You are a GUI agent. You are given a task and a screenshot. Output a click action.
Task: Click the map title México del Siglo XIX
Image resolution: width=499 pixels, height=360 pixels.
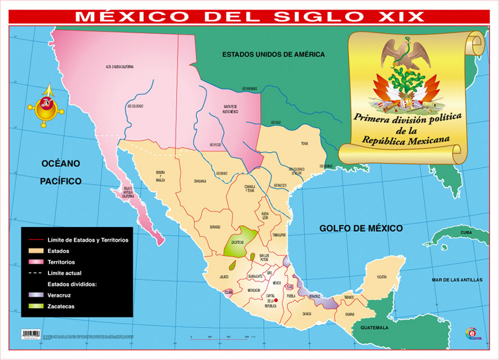249,16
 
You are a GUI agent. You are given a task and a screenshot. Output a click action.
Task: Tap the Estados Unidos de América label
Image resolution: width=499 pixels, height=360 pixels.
273,55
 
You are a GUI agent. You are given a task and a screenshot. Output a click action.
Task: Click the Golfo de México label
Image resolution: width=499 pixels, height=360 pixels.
361,228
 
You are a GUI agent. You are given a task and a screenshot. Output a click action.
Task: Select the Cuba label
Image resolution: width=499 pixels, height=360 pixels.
466,232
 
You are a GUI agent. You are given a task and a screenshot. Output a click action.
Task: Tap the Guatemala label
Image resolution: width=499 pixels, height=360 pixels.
375,327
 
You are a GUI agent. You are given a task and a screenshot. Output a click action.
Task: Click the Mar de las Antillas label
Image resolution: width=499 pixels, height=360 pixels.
457,279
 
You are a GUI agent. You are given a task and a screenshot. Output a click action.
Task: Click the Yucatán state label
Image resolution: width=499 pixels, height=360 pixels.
382,277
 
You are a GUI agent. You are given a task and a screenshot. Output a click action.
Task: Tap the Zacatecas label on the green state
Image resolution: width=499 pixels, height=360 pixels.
237,242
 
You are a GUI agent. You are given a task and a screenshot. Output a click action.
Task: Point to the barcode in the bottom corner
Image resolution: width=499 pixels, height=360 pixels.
31,334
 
